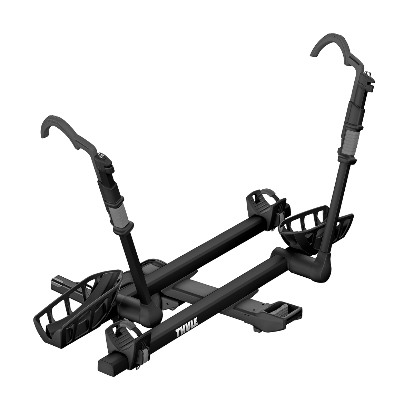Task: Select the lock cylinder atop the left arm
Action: [x=101, y=155]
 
